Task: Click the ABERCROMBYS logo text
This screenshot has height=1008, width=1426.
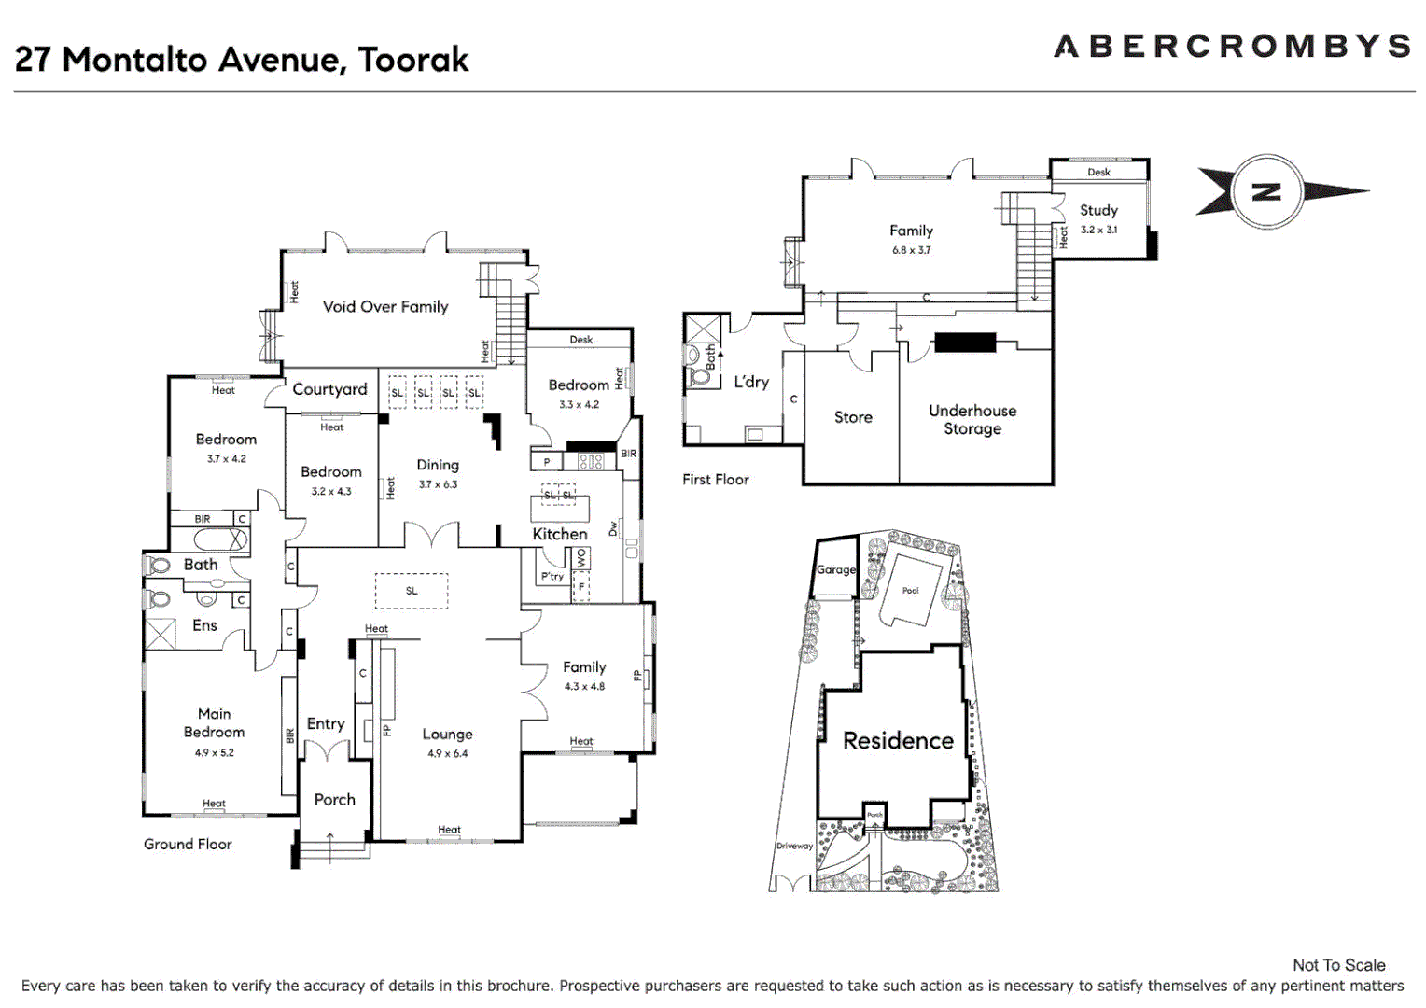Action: [1232, 46]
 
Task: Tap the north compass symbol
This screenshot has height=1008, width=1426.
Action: [1266, 192]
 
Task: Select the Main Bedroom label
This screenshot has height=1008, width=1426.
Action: [214, 722]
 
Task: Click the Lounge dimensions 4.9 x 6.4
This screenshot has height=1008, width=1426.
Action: [448, 753]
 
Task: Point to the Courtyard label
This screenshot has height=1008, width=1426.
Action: [329, 389]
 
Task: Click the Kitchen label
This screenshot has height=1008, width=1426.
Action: [560, 534]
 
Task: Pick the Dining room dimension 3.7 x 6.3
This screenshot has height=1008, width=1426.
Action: [438, 484]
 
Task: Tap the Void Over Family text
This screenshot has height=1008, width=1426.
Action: [385, 306]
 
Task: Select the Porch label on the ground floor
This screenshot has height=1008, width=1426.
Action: [334, 799]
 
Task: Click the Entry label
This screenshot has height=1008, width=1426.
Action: [326, 723]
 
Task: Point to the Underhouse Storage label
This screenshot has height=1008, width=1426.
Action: [972, 419]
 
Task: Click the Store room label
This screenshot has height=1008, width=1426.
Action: [853, 417]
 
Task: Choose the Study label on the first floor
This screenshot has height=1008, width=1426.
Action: [1098, 210]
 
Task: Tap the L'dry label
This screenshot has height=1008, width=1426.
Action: [751, 382]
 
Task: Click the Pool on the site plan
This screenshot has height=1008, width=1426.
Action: [910, 591]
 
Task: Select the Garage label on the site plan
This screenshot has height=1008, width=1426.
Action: [836, 569]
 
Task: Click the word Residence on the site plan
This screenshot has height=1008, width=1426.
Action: [898, 740]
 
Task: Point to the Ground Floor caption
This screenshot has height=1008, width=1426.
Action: [188, 844]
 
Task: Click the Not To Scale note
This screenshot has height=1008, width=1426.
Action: [1338, 965]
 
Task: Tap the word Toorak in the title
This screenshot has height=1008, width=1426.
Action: [413, 60]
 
